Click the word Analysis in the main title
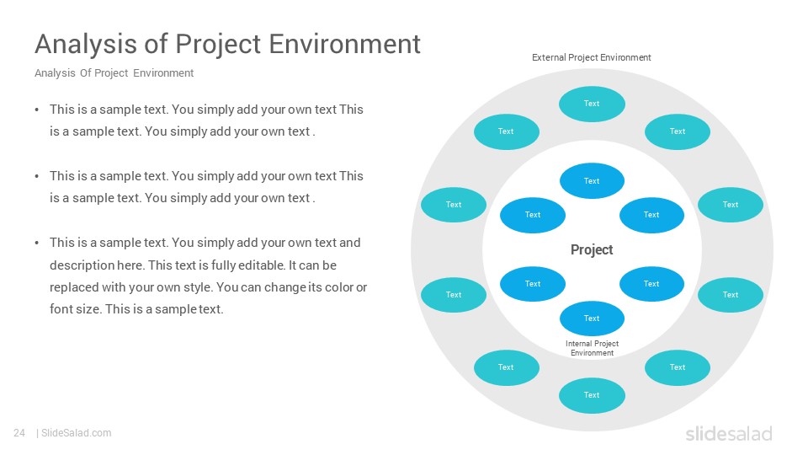[86, 44]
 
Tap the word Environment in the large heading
[345, 43]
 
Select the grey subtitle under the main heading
[114, 73]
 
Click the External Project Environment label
[591, 57]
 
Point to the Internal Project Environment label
[592, 348]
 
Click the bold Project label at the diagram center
[592, 249]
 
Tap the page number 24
[19, 433]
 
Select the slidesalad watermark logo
[729, 433]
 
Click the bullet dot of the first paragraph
[36, 110]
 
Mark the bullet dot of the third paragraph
[36, 243]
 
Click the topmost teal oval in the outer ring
[592, 104]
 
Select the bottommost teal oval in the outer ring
[592, 395]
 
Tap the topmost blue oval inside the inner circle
[592, 181]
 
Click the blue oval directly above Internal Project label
[592, 318]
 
